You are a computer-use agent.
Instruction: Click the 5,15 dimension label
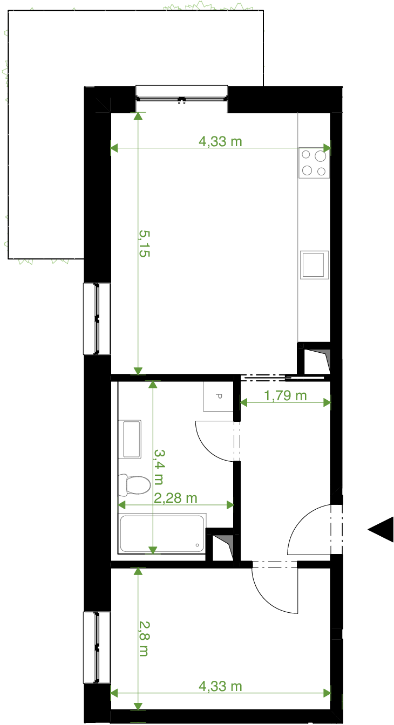pos(145,243)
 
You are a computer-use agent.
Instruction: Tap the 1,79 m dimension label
pos(286,395)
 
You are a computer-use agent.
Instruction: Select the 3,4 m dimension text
pos(159,467)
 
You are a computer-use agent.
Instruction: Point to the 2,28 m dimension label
pos(175,498)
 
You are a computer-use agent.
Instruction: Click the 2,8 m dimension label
pos(144,639)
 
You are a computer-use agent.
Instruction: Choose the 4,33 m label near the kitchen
pos(220,141)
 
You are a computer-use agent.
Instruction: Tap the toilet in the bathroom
pos(134,485)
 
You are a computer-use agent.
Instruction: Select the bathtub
pos(162,534)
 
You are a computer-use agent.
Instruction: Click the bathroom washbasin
pos(130,439)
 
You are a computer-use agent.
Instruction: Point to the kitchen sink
pos(314,265)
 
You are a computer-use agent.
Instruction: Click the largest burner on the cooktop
pos(320,156)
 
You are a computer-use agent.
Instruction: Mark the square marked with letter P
pos(218,396)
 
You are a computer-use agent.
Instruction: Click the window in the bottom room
pos(97,647)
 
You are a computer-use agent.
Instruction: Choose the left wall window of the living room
pos(97,319)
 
